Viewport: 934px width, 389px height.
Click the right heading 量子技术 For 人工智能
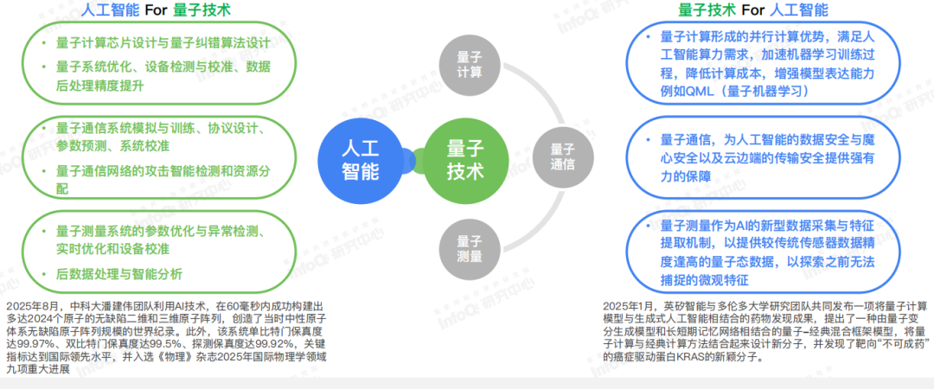pyautogui.click(x=752, y=11)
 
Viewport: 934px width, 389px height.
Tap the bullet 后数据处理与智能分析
pyautogui.click(x=118, y=274)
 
